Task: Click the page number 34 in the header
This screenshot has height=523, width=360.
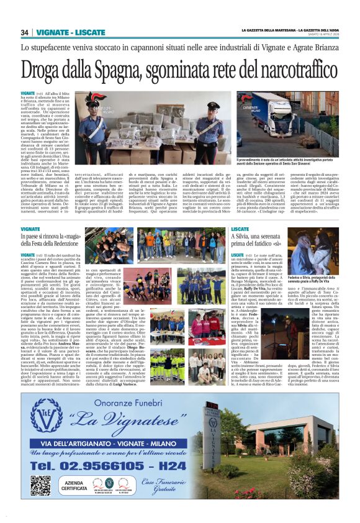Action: point(25,32)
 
